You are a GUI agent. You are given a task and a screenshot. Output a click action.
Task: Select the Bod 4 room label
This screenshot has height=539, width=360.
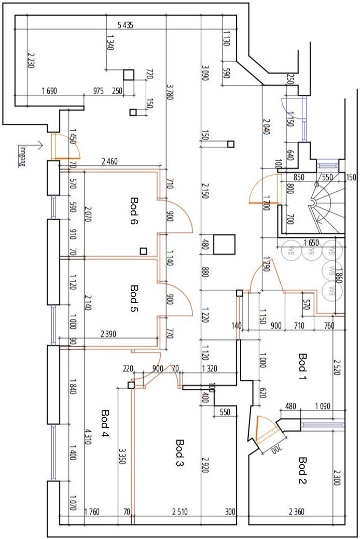click(x=105, y=423)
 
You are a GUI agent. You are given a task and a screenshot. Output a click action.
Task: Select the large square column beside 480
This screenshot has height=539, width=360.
click(x=224, y=245)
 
